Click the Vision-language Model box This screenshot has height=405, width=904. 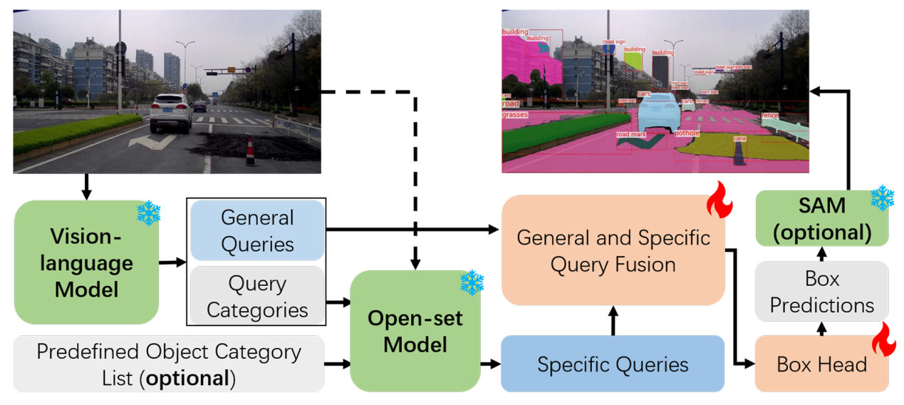click(x=85, y=262)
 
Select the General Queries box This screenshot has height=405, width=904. click(x=256, y=230)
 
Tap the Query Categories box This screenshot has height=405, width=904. click(x=256, y=297)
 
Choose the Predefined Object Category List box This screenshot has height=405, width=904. click(x=168, y=364)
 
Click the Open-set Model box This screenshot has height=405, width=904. click(x=415, y=331)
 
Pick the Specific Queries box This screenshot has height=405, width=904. click(x=613, y=364)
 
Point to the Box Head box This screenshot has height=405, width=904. click(x=821, y=364)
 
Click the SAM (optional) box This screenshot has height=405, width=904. click(x=821, y=217)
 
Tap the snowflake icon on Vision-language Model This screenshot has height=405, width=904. click(x=149, y=212)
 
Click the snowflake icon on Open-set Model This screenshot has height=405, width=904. click(x=472, y=283)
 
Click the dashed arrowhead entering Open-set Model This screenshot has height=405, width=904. click(x=415, y=264)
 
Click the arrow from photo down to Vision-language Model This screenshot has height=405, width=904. click(x=86, y=186)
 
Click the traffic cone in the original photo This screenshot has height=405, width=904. click(x=250, y=152)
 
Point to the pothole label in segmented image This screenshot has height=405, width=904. click(x=687, y=133)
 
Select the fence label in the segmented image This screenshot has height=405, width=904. click(x=769, y=116)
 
